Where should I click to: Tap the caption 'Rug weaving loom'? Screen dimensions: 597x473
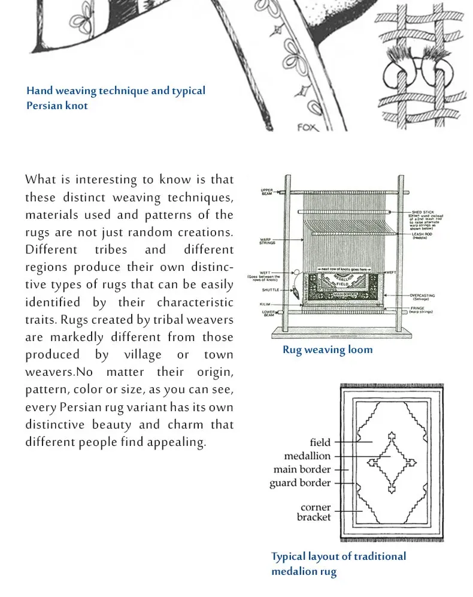tap(328, 349)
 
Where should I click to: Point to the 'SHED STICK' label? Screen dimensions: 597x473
tap(422, 212)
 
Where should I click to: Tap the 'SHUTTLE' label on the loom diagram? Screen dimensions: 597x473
tap(270, 291)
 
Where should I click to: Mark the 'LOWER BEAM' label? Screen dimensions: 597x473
tap(268, 313)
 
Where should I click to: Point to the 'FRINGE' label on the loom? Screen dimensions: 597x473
tap(420, 308)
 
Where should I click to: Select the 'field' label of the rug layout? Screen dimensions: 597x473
tap(320, 442)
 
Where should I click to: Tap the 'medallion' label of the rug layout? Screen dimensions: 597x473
tap(307, 456)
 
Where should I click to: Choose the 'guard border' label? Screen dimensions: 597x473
tap(300, 483)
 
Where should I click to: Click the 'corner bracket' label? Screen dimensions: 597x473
tap(315, 512)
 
